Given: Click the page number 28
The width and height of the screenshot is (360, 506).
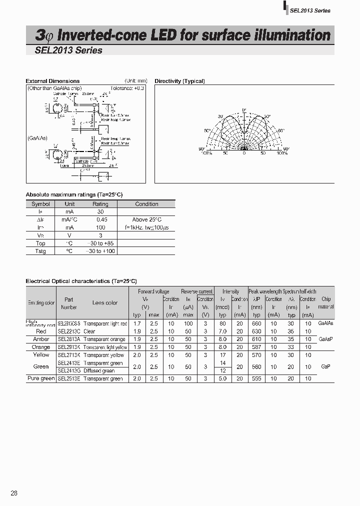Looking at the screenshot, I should coord(14,493).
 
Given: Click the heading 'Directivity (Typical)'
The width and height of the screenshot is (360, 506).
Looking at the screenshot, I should coord(179,81).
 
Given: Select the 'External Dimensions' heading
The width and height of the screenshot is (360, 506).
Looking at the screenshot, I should coord(52,81).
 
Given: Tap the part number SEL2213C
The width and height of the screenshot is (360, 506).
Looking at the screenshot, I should coord(68,331).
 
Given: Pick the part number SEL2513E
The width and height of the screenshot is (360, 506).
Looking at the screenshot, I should coord(68,379).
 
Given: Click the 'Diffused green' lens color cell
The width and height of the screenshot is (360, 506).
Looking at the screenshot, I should coord(99,371).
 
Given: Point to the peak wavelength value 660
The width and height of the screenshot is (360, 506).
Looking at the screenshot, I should coord(256,323).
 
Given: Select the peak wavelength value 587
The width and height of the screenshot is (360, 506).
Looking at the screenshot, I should coord(256,347).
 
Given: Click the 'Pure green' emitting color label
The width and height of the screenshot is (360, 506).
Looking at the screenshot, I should coord(41,379).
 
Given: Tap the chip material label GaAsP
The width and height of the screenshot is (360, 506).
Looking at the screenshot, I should coord(325,339).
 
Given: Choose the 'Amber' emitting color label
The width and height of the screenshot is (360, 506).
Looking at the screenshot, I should coord(41,339).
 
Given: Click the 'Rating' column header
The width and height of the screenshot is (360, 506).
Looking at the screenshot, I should coord(100,204).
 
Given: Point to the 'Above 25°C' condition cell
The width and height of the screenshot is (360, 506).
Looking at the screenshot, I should coord(146,219).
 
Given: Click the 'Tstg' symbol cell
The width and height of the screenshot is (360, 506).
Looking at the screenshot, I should coord(40,251).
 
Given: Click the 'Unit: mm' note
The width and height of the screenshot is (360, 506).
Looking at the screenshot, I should coord(135,81).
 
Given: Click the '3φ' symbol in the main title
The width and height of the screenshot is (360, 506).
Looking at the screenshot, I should coord(44,36).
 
